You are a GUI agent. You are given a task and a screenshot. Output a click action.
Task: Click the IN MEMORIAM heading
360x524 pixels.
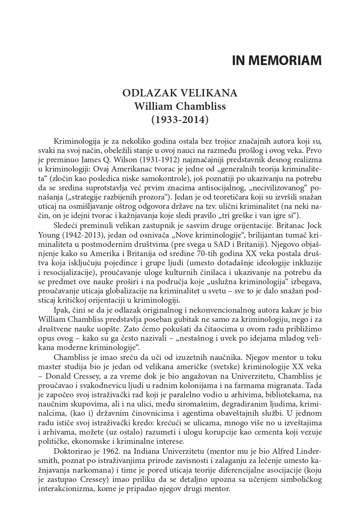pos(277,60)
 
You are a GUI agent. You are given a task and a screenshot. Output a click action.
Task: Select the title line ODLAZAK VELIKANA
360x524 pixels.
pos(180,93)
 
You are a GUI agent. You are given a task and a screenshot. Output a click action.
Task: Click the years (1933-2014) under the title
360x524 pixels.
pos(180,119)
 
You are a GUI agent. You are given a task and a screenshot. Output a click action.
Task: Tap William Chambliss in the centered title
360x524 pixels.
pos(180,106)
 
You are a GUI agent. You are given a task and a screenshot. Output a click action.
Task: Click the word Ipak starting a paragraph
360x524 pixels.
pos(61,310)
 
